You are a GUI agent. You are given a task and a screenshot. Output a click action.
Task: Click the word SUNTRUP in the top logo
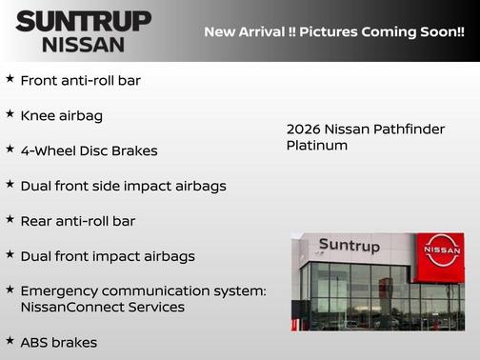(x=83, y=21)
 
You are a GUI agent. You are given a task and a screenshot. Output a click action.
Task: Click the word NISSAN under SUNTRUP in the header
(x=83, y=44)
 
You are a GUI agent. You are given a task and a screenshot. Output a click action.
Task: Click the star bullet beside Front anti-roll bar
(x=10, y=80)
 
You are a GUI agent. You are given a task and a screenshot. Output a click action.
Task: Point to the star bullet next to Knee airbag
(x=10, y=114)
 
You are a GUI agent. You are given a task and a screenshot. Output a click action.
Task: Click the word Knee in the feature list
(x=36, y=115)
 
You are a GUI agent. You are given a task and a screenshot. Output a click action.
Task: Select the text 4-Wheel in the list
(x=49, y=150)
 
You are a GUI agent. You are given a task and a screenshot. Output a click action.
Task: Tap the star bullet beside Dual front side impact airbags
(x=10, y=184)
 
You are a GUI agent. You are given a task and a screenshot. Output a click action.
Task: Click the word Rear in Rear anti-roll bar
(x=36, y=221)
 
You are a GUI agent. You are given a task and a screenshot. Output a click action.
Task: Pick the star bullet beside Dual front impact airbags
(x=10, y=254)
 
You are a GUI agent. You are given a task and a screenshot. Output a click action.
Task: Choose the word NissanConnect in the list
(x=68, y=308)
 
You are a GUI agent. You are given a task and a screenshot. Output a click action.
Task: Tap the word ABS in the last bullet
(x=35, y=342)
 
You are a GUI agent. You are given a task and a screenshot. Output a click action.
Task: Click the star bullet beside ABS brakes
(x=10, y=340)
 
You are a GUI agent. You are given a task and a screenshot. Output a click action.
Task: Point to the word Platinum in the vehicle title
(x=316, y=146)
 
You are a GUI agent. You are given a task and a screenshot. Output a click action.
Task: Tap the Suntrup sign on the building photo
(x=349, y=246)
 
